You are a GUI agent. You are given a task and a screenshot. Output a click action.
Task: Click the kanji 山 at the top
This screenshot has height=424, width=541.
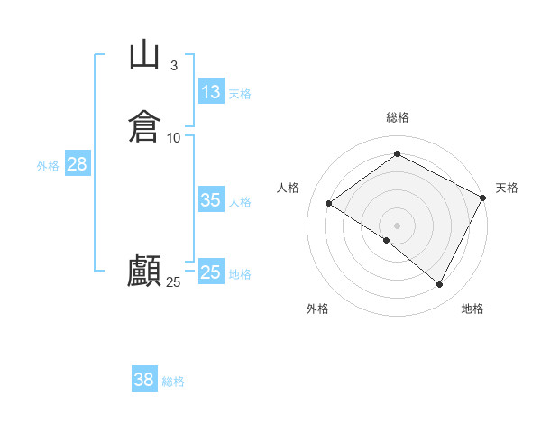145,56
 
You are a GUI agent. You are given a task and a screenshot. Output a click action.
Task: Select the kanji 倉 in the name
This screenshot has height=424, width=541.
145,126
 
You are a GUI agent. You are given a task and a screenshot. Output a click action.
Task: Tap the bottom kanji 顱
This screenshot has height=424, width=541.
145,271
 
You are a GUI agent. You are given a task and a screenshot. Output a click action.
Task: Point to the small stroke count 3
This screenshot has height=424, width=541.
174,66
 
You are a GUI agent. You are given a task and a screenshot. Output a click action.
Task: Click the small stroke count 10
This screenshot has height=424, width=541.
174,137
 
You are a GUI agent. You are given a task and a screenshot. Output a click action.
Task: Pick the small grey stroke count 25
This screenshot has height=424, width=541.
173,282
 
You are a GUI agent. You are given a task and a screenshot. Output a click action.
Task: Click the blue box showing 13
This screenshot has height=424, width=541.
210,92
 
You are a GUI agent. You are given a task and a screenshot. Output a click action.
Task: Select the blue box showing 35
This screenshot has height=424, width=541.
210,200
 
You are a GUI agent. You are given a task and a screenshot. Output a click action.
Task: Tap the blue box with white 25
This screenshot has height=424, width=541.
210,272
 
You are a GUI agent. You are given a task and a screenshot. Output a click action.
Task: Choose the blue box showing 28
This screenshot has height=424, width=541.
77,164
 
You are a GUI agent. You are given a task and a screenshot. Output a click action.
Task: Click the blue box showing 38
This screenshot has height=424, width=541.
143,380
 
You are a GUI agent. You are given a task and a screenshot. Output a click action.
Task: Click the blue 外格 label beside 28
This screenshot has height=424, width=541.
48,166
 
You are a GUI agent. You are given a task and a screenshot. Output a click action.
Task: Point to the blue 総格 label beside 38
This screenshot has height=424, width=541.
173,382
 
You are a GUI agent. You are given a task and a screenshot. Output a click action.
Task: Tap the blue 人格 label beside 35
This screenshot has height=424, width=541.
241,202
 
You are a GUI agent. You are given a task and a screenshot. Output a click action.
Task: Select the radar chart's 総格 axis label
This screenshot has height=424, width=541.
398,117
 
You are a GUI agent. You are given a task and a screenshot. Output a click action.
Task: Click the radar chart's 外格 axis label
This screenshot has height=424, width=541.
317,309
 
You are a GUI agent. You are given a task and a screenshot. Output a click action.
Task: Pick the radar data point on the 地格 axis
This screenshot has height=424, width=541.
440,285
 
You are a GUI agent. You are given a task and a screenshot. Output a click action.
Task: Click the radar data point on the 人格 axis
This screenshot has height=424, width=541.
329,204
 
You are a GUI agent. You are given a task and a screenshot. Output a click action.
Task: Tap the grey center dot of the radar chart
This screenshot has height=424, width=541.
398,225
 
